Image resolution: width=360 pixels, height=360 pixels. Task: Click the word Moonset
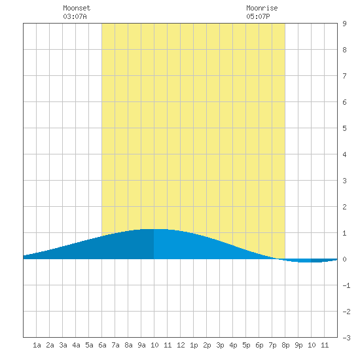coord(77,8)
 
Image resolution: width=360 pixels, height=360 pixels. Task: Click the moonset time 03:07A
coord(75,16)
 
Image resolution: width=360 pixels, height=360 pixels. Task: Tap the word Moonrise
coord(262,8)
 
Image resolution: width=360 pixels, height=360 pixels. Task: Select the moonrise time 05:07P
coord(258,16)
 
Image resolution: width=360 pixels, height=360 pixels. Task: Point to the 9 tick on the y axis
coord(344,24)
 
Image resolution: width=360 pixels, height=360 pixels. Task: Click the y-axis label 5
coord(344,128)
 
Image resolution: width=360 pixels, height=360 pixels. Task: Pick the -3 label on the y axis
coord(346,338)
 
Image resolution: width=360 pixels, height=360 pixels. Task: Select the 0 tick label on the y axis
coord(344,259)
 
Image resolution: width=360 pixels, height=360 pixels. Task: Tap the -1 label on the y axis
coord(346,285)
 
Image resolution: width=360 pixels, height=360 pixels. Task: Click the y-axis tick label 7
coord(344,76)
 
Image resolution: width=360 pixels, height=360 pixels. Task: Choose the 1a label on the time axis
coord(37,345)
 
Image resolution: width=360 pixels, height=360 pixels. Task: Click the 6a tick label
coord(102,345)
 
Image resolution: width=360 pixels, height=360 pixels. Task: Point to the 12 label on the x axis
coord(181,345)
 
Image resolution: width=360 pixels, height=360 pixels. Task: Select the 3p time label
coord(220,345)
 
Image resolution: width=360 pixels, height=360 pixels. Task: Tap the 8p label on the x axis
coord(285,345)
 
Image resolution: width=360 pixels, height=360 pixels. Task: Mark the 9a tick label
coord(141,345)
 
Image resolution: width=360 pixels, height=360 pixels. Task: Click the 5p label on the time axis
coord(246,345)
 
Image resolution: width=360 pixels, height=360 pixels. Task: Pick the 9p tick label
coord(298,345)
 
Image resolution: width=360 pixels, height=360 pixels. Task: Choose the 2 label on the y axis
coord(344,207)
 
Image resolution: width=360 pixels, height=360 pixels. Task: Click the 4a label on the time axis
coord(76,345)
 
